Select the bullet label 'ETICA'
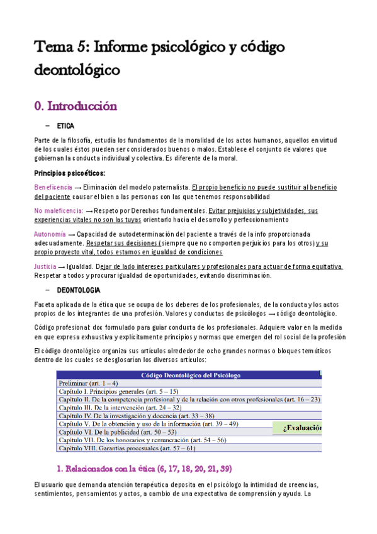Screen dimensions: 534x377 tap(65, 126)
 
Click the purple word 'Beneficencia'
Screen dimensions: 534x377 tap(53, 188)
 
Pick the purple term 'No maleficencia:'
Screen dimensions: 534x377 tap(59, 210)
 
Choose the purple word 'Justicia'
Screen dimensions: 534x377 tap(46, 266)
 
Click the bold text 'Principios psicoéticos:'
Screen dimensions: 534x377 tap(69, 173)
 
